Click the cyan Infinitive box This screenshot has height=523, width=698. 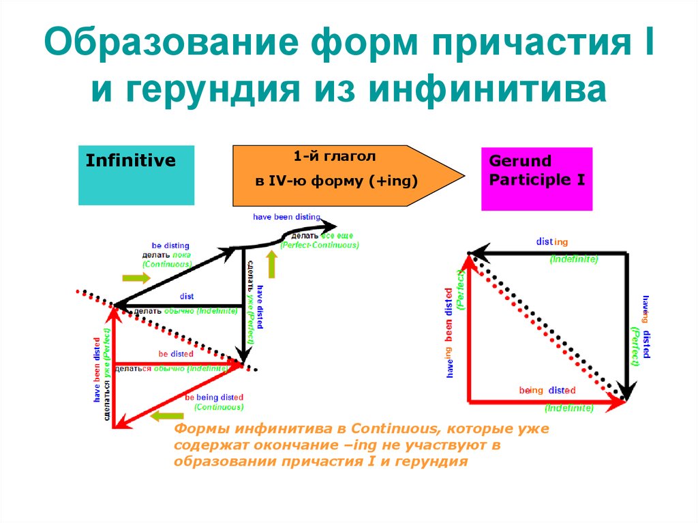pyautogui.click(x=136, y=175)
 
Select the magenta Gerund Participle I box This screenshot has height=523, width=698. pyautogui.click(x=536, y=179)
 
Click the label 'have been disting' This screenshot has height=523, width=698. pyautogui.click(x=286, y=217)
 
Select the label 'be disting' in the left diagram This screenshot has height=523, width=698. pyautogui.click(x=170, y=245)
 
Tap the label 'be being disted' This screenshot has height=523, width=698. pyautogui.click(x=214, y=398)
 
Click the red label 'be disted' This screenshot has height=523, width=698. pyautogui.click(x=176, y=354)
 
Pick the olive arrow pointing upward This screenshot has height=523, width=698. pyautogui.click(x=272, y=265)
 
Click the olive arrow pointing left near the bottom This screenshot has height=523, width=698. pyautogui.click(x=167, y=417)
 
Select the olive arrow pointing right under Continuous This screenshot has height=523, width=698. pyautogui.click(x=136, y=278)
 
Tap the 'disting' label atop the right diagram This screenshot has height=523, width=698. pyautogui.click(x=551, y=242)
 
